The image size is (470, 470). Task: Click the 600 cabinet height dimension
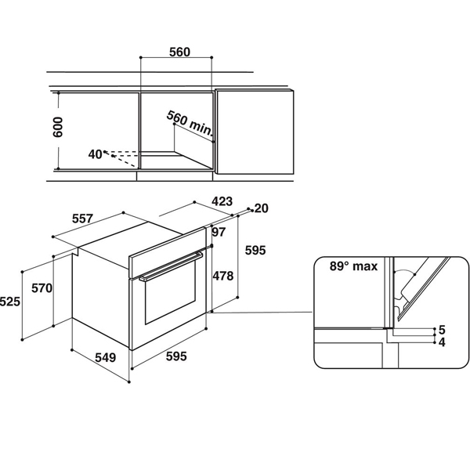(x=58, y=128)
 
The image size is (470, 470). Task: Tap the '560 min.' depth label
(x=190, y=123)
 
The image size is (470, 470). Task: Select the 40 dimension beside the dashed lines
(x=95, y=154)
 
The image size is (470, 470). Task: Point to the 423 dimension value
(x=222, y=201)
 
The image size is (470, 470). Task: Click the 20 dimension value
(x=261, y=208)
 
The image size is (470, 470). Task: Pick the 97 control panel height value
(x=219, y=232)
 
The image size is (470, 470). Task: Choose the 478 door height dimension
(x=223, y=276)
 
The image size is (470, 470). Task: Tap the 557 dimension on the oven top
(x=82, y=219)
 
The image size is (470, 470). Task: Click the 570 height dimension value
(x=42, y=288)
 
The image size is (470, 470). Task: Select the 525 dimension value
(x=10, y=302)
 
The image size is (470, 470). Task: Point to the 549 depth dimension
(x=106, y=358)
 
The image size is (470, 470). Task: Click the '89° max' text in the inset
(x=353, y=266)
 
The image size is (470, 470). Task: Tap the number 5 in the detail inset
(x=442, y=330)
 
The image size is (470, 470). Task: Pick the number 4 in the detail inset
(x=442, y=342)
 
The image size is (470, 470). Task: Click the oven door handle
(x=171, y=267)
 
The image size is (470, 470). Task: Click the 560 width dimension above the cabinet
(x=179, y=52)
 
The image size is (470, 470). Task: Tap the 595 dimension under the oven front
(x=176, y=356)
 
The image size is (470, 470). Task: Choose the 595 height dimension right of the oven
(x=255, y=251)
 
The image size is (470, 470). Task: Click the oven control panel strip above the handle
(x=168, y=251)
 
